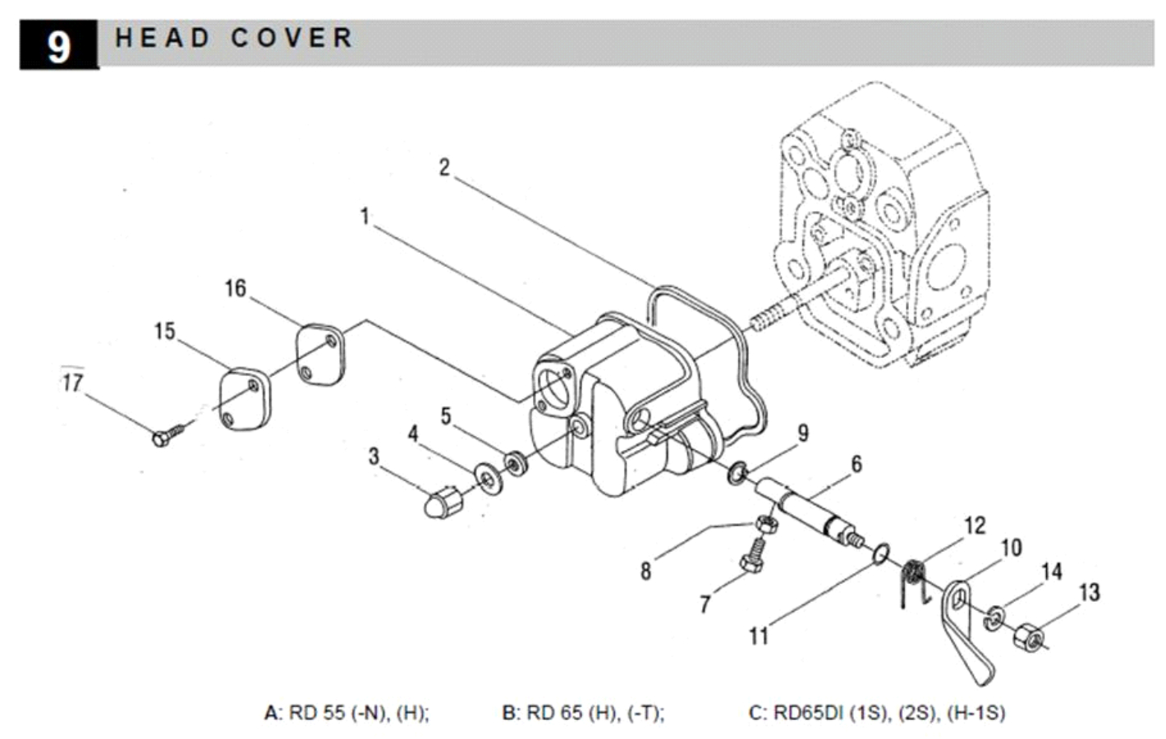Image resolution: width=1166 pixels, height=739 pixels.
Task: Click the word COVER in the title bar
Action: (292, 38)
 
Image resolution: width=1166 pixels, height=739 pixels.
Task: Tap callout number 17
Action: (72, 383)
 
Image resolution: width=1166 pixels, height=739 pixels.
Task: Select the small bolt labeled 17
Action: (168, 435)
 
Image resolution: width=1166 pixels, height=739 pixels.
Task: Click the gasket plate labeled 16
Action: (319, 355)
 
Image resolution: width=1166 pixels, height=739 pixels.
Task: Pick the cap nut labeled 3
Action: (443, 502)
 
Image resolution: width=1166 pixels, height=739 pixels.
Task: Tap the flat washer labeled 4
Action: (489, 479)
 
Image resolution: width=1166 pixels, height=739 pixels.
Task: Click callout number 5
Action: (446, 416)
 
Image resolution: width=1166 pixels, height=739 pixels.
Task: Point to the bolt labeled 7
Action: (753, 555)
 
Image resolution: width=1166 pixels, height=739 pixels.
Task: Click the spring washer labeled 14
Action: (994, 617)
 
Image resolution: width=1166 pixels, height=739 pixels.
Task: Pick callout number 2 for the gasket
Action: (444, 168)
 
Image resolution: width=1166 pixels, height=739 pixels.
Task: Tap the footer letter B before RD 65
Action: (509, 713)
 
